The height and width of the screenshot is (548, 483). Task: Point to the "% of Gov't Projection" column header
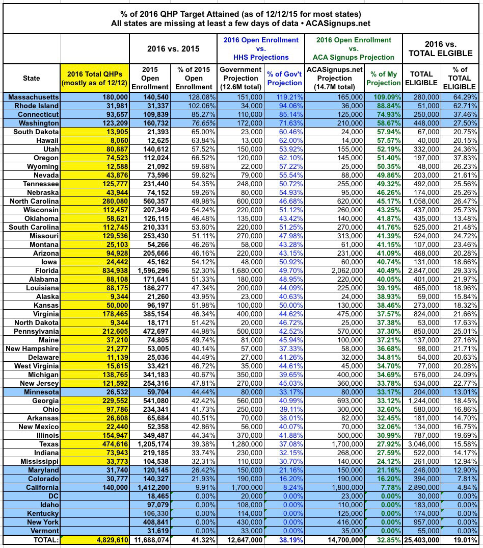[x=284, y=78]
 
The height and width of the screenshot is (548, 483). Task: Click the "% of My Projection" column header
[x=384, y=78]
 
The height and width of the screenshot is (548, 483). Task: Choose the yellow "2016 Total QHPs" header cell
[x=94, y=78]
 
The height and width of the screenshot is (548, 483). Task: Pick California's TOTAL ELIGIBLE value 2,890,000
[x=422, y=487]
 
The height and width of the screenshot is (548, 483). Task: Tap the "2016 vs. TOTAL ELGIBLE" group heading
[x=441, y=48]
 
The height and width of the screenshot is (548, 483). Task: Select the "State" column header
[x=32, y=78]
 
